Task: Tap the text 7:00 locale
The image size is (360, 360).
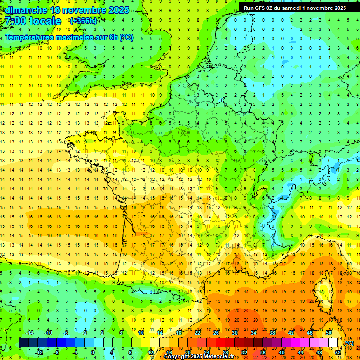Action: [x=32, y=22]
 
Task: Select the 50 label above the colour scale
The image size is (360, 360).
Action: [x=328, y=333]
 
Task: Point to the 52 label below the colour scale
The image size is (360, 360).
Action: [x=338, y=352]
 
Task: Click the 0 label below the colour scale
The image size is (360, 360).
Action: [x=93, y=352]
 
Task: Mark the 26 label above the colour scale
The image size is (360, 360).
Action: [x=216, y=333]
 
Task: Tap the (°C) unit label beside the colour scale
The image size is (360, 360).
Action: [x=349, y=343]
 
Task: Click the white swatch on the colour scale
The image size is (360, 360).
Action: [x=333, y=343]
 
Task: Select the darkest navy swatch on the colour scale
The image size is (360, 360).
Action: [x=23, y=343]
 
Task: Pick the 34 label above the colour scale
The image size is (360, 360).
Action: [x=253, y=333]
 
